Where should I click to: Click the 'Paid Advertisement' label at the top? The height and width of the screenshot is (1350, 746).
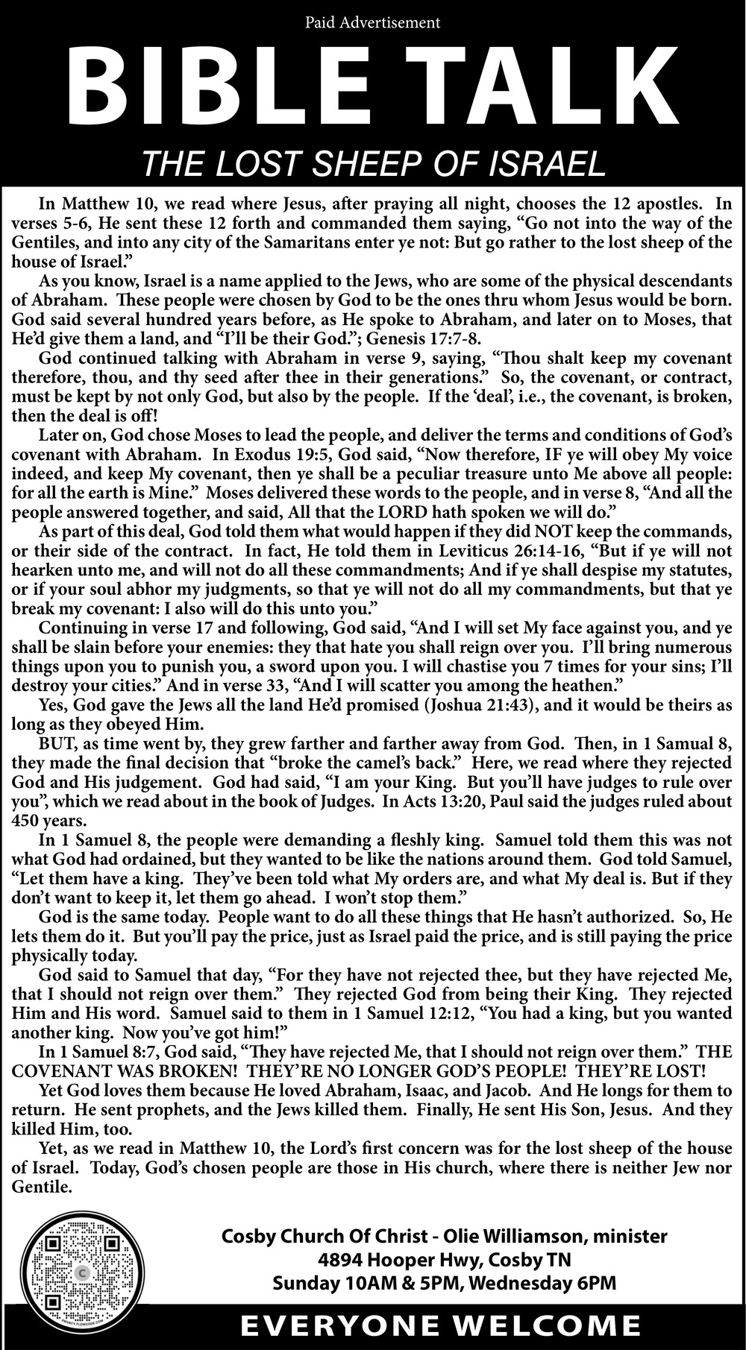372,23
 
